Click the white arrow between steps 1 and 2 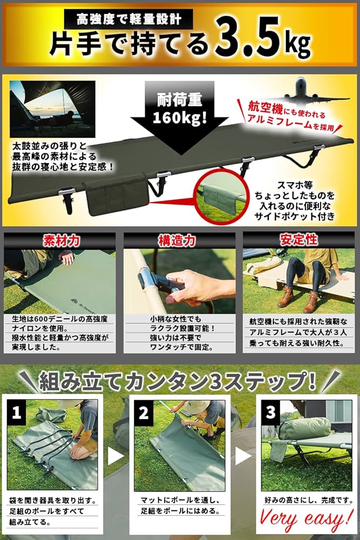coord(115,456)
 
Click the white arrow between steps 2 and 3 coord(244,456)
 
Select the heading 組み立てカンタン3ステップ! coord(178,382)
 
